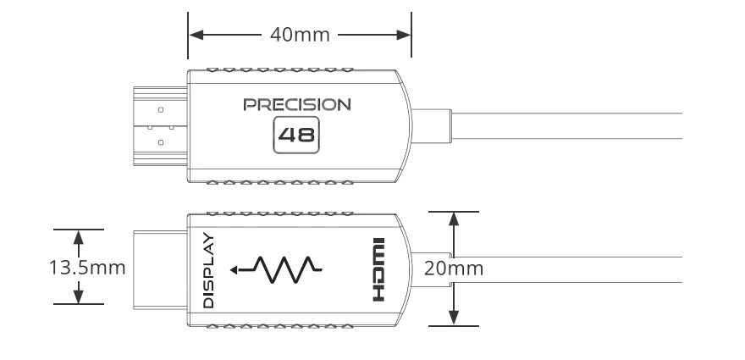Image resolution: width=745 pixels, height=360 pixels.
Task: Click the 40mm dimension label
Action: pos(298,36)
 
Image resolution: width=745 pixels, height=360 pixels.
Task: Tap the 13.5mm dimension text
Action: pos(85,268)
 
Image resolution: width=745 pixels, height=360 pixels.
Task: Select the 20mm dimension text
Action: pos(455,269)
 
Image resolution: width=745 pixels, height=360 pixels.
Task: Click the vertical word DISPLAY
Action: pos(209,269)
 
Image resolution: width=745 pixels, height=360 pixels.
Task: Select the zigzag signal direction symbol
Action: pos(280,269)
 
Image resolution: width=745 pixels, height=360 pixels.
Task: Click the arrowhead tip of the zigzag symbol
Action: pos(242,271)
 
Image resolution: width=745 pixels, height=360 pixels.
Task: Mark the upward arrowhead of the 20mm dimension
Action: pos(455,217)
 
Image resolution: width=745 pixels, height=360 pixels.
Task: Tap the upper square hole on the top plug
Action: pos(161,109)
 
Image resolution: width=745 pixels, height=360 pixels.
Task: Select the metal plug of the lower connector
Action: pos(157,269)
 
